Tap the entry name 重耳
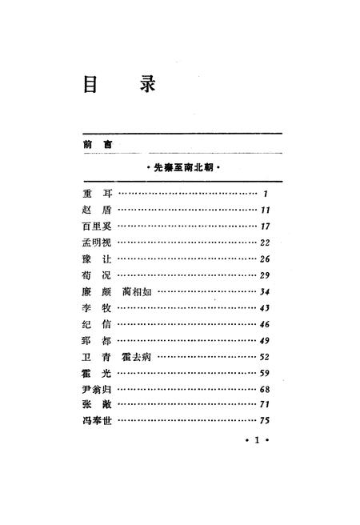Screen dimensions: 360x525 pyautogui.click(x=94, y=194)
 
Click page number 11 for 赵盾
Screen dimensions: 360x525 pyautogui.click(x=266, y=210)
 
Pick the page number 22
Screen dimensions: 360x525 pyautogui.click(x=266, y=242)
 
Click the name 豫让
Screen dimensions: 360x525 pyautogui.click(x=94, y=258)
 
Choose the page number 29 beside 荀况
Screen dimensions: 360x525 pyautogui.click(x=266, y=275)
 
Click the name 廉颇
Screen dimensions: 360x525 pyautogui.click(x=94, y=291)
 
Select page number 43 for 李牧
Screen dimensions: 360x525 pyautogui.click(x=266, y=308)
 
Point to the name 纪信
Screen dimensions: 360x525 pyautogui.click(x=94, y=324)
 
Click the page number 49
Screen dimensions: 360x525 pyautogui.click(x=266, y=340)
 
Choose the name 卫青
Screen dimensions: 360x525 pyautogui.click(x=94, y=356)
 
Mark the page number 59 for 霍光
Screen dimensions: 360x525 pyautogui.click(x=266, y=373)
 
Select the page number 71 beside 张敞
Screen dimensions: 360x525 pyautogui.click(x=266, y=405)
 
